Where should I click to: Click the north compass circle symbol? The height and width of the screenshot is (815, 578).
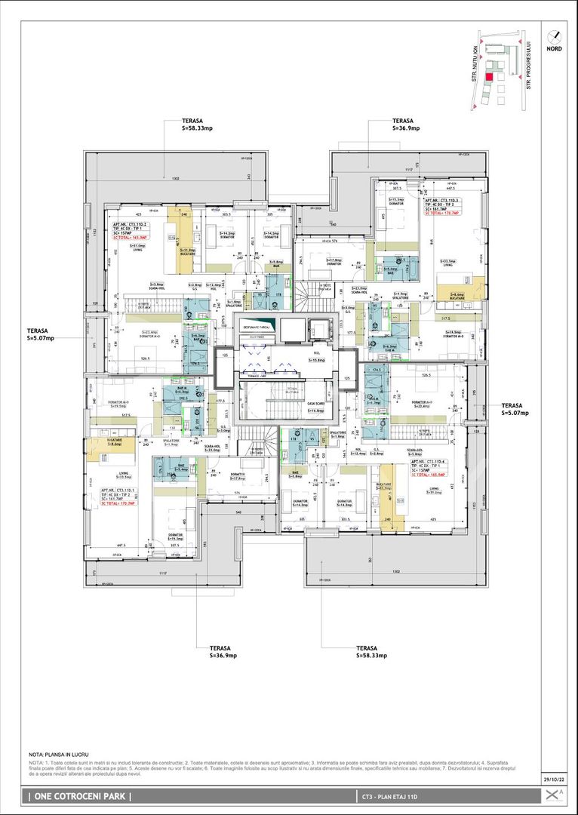point(555,35)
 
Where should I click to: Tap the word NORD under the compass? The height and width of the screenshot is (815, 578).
point(555,48)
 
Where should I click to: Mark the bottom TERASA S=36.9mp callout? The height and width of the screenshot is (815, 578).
point(223,652)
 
